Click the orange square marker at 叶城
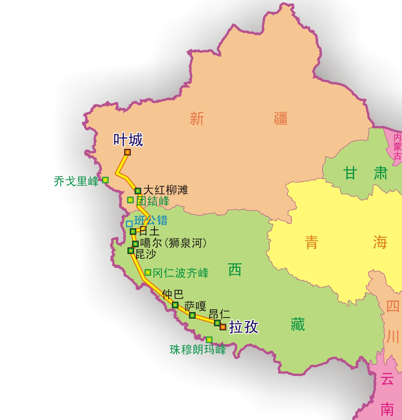click(127, 152)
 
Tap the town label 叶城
click(128, 140)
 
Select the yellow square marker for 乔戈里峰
click(105, 180)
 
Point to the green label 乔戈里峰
click(76, 181)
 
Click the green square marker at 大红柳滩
click(138, 191)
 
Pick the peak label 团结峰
click(153, 201)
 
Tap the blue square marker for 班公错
click(129, 224)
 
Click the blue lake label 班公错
click(151, 220)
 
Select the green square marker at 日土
click(133, 231)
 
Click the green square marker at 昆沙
click(131, 251)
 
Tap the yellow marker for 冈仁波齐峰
click(148, 273)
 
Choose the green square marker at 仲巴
click(175, 305)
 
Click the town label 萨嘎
click(195, 306)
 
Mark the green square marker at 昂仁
click(217, 323)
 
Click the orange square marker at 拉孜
click(223, 327)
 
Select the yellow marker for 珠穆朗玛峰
click(209, 340)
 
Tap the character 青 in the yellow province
click(311, 242)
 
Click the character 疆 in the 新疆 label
click(280, 118)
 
